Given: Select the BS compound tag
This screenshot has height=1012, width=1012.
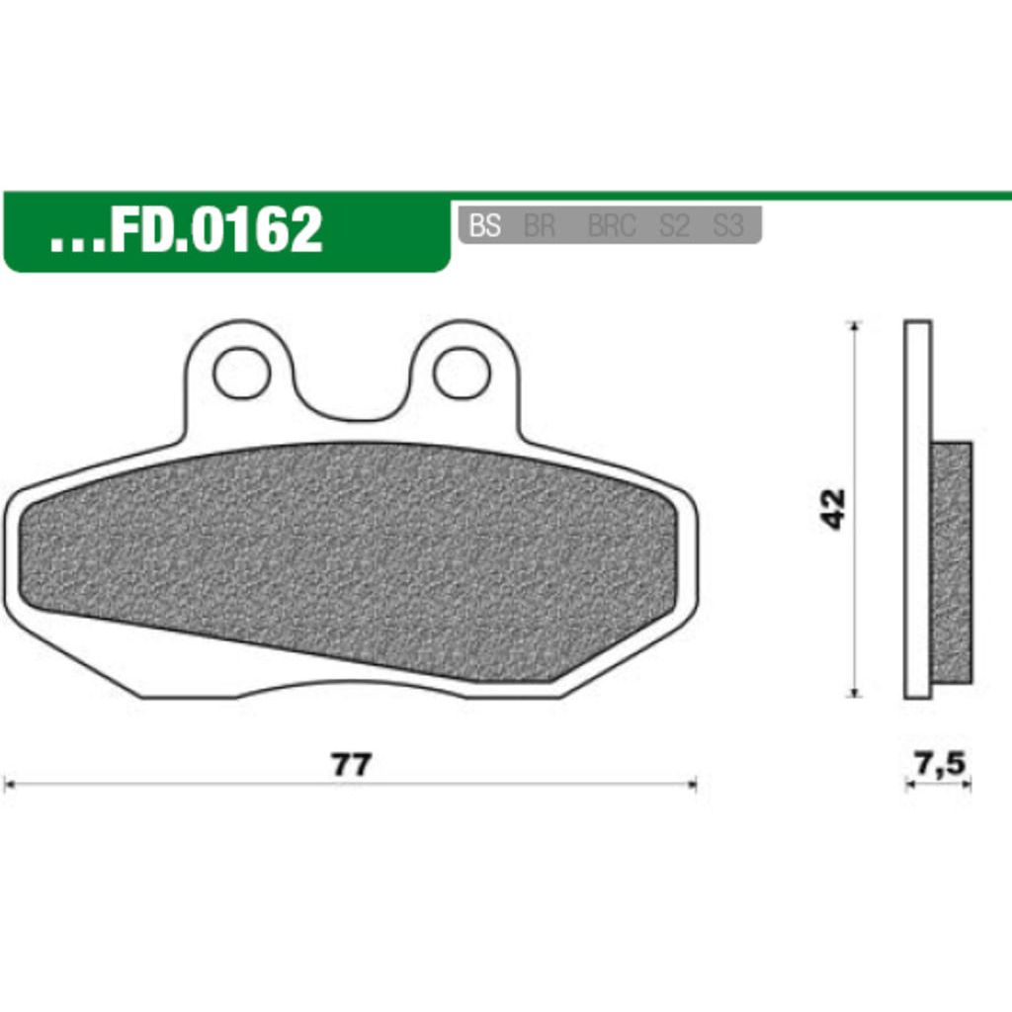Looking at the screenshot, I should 484,226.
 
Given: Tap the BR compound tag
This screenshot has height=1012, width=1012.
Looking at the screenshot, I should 540,226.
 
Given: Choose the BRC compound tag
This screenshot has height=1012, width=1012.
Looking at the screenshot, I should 612,226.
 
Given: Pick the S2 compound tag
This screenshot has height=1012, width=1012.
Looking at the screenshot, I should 674,226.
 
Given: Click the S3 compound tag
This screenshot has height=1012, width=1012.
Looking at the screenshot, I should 727,226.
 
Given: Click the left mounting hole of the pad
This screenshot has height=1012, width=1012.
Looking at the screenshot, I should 241,373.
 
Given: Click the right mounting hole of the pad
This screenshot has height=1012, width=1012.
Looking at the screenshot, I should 463,373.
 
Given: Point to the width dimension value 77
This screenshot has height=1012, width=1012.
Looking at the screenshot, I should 351,766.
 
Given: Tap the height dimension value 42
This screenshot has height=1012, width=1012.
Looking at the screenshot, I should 835,509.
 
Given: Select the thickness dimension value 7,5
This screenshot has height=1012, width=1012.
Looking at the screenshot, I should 938,763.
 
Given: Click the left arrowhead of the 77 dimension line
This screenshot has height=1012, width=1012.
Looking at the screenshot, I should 9,785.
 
